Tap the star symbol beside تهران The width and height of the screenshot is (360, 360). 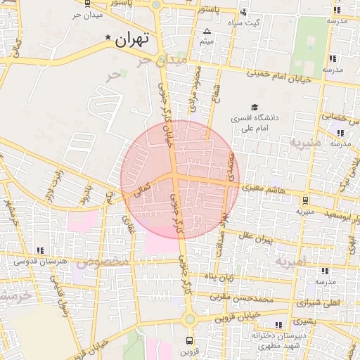(108, 37)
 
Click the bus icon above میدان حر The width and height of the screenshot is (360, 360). (87, 3)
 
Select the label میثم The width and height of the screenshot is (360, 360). (207, 42)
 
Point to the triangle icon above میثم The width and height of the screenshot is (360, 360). (207, 32)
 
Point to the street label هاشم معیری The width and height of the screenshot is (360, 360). (262, 188)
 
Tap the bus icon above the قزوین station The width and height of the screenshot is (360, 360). (188, 340)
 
